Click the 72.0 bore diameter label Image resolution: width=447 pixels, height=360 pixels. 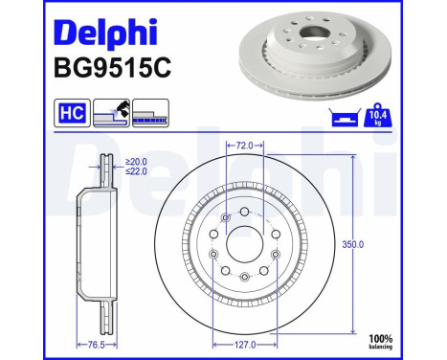245,146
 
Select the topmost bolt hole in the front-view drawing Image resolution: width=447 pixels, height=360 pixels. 245,212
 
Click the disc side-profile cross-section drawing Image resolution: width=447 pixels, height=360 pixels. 91,244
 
